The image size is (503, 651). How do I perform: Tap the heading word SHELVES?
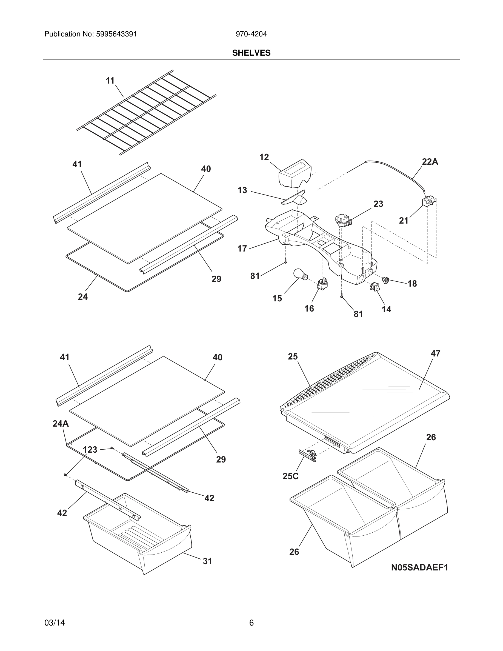(251, 53)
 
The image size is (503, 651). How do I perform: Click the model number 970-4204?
(251, 34)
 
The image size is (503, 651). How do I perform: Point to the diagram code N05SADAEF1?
(419, 567)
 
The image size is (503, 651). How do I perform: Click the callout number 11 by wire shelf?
(110, 81)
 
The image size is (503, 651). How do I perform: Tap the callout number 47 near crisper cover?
(435, 353)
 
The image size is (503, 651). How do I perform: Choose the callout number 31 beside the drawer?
(207, 561)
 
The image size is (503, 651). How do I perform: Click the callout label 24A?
(61, 424)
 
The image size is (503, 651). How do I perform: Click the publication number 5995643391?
(116, 34)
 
